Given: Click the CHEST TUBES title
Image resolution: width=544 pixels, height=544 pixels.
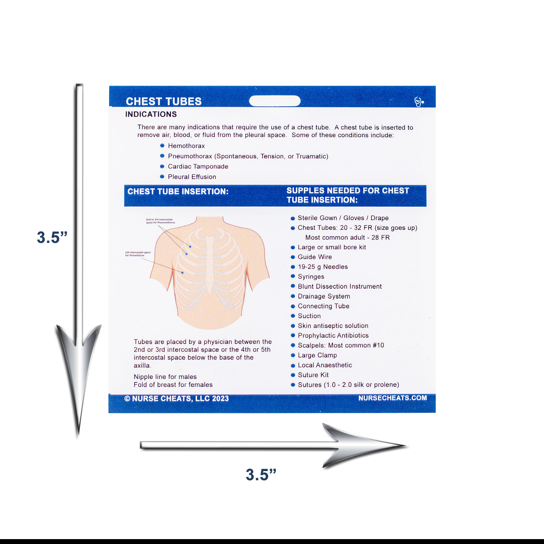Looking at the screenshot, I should (163, 101).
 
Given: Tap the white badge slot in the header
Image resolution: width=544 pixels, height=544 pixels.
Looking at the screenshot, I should (274, 101).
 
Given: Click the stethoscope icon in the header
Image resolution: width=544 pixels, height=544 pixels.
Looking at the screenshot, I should (419, 102).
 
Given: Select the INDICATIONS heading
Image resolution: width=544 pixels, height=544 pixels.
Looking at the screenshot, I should (151, 114).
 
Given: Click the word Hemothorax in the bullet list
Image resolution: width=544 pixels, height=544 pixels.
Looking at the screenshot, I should (186, 146).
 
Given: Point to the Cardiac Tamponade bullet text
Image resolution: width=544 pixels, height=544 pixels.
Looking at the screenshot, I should (198, 166).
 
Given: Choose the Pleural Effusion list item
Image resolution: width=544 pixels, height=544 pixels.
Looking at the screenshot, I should (192, 177).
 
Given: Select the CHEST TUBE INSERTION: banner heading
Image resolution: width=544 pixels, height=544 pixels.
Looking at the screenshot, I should (178, 191).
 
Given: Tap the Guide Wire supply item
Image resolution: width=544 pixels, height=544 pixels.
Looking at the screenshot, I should (314, 257).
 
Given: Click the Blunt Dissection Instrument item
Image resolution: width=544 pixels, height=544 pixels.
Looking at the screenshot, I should (339, 286).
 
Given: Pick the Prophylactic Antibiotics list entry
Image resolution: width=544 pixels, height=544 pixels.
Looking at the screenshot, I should (333, 335).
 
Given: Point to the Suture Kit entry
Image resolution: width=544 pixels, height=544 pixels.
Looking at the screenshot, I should (313, 375).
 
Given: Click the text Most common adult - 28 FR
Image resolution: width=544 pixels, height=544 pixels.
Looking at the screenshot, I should (347, 237).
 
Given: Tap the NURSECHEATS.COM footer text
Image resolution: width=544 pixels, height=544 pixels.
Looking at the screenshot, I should (392, 398).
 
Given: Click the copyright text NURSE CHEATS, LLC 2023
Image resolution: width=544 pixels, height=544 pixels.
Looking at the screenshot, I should (180, 398).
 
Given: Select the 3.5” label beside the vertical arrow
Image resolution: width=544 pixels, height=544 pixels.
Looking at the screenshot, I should (52, 237).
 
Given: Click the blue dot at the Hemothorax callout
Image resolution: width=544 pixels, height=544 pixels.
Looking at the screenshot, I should (183, 273).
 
